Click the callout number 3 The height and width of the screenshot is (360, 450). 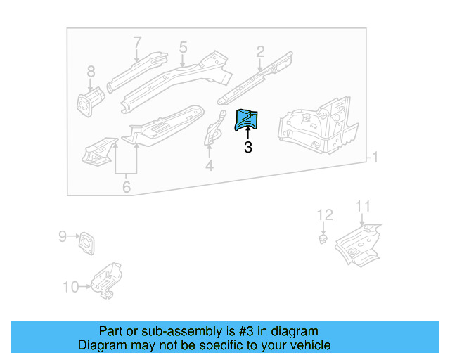pyautogui.click(x=247, y=148)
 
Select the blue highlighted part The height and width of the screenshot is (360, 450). pyautogui.click(x=247, y=120)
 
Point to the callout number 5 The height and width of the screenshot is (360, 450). pyautogui.click(x=183, y=48)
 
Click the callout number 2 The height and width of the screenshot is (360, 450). pyautogui.click(x=260, y=51)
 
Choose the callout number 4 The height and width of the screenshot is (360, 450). pyautogui.click(x=209, y=166)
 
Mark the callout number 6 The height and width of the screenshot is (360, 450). pyautogui.click(x=126, y=187)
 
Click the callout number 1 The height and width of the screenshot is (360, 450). pyautogui.click(x=375, y=157)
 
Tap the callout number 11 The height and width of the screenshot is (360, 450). pyautogui.click(x=362, y=206)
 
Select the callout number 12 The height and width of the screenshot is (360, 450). pyautogui.click(x=324, y=214)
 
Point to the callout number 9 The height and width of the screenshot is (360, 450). pyautogui.click(x=62, y=236)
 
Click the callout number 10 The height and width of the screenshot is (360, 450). pyautogui.click(x=71, y=286)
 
